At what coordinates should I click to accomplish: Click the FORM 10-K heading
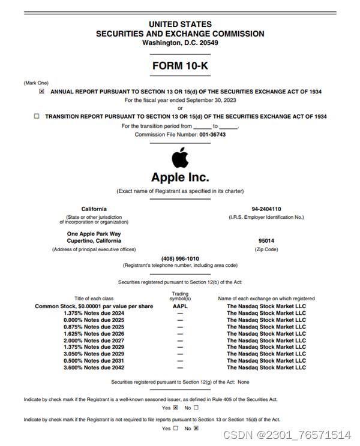click(x=180, y=66)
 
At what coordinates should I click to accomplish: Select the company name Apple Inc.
click(x=180, y=177)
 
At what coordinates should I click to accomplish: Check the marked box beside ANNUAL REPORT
click(x=41, y=92)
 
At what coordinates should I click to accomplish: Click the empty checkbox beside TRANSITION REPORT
click(x=37, y=116)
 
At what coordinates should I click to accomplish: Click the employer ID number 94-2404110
click(x=266, y=209)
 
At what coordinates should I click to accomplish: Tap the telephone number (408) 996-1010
click(x=180, y=258)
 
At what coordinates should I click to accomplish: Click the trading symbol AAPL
click(x=180, y=306)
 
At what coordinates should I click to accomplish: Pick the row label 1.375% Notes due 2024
click(x=94, y=313)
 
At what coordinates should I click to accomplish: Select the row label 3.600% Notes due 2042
click(x=94, y=367)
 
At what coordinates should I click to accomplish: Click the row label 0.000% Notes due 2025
click(x=94, y=320)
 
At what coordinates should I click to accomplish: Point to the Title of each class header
click(x=94, y=299)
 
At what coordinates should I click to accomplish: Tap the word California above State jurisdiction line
click(x=94, y=209)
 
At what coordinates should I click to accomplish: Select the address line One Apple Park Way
click(x=94, y=234)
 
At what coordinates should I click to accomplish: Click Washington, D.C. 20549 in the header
click(x=180, y=43)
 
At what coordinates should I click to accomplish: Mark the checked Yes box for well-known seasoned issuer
click(x=175, y=408)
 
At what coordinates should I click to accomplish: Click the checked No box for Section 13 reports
click(x=196, y=429)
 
